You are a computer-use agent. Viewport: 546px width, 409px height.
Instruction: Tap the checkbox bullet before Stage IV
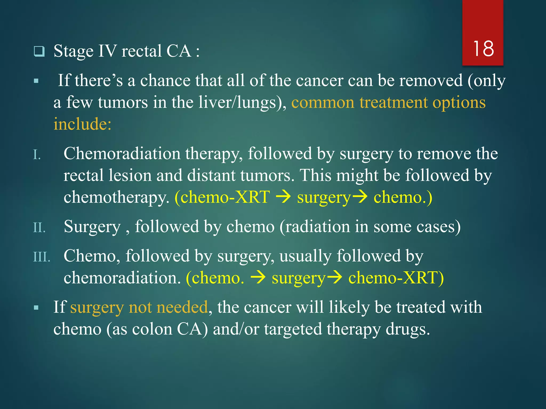pyautogui.click(x=39, y=51)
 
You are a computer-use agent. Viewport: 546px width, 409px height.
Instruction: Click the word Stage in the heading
pyautogui.click(x=73, y=51)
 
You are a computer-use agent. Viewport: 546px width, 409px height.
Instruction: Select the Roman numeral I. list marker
pyautogui.click(x=37, y=155)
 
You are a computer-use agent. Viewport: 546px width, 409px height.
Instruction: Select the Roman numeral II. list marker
pyautogui.click(x=39, y=228)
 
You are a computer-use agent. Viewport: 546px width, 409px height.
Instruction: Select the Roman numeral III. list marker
pyautogui.click(x=42, y=257)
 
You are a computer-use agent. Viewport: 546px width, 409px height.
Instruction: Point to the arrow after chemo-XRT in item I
pyautogui.click(x=283, y=197)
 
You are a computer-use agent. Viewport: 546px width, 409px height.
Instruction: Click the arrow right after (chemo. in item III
pyautogui.click(x=258, y=278)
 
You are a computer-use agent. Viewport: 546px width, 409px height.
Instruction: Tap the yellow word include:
pyautogui.click(x=82, y=124)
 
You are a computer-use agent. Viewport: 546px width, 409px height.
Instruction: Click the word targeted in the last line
pyautogui.click(x=293, y=329)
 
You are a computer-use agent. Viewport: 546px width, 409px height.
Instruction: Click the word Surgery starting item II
pyautogui.click(x=92, y=227)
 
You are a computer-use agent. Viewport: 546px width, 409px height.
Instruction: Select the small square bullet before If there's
pyautogui.click(x=37, y=81)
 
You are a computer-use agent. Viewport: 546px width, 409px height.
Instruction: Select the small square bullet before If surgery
pyautogui.click(x=37, y=308)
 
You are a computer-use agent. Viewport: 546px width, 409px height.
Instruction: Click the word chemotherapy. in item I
pyautogui.click(x=117, y=197)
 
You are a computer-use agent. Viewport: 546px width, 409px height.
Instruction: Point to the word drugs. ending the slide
pyautogui.click(x=408, y=329)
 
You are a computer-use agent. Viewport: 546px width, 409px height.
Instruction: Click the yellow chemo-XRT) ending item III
pyautogui.click(x=396, y=278)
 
